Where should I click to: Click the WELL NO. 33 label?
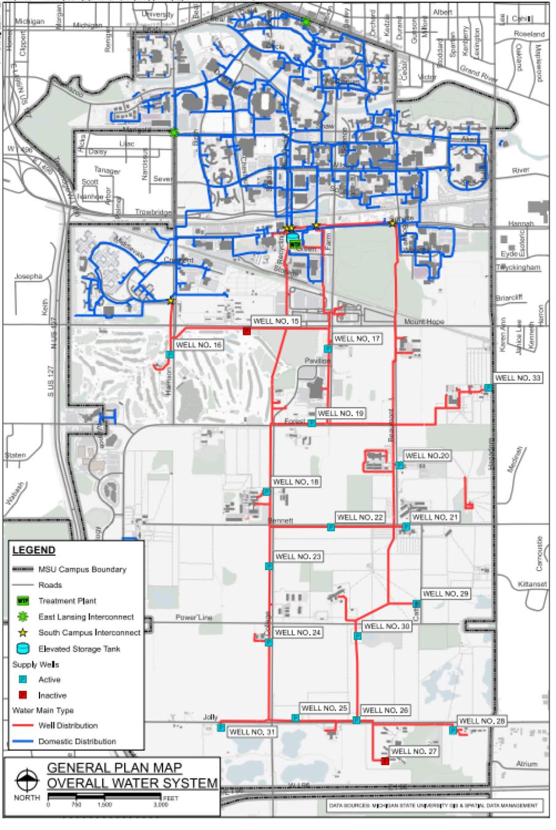click(x=518, y=378)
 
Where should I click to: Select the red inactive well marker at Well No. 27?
click(x=385, y=761)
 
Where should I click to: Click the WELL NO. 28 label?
click(x=482, y=721)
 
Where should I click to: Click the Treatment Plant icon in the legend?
click(x=23, y=600)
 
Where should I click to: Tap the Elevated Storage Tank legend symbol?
click(x=23, y=649)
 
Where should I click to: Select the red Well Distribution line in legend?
click(x=23, y=726)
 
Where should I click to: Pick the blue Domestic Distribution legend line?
click(x=23, y=741)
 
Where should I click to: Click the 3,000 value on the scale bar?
click(x=160, y=805)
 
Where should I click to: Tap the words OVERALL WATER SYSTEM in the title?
click(x=133, y=784)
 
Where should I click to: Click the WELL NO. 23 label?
click(x=298, y=556)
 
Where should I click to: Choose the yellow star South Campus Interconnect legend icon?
click(x=23, y=632)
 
